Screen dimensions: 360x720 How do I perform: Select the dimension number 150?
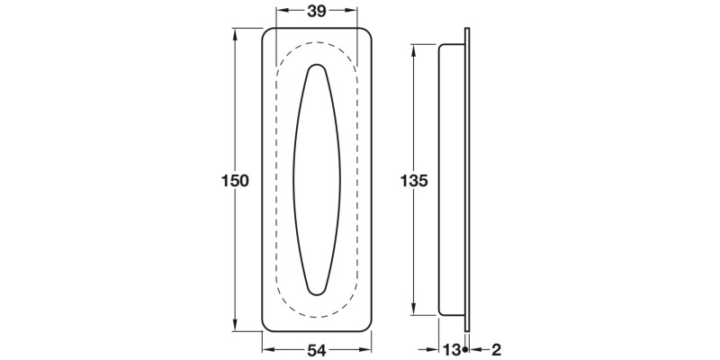(235, 180)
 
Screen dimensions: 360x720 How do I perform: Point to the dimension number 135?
(414, 180)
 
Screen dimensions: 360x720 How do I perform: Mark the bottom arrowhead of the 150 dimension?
(238, 328)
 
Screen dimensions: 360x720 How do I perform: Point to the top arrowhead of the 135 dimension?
(415, 47)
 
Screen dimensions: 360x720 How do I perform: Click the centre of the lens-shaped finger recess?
(317, 180)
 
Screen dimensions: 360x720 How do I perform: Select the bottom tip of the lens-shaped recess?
(317, 294)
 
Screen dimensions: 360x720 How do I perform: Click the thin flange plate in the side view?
(467, 180)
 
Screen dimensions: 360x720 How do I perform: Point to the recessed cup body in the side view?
(451, 180)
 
